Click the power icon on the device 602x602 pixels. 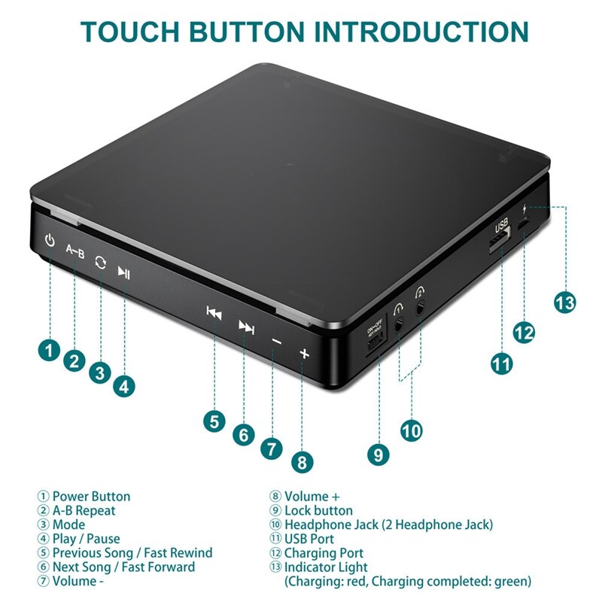pyautogui.click(x=50, y=242)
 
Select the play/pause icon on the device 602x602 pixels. pyautogui.click(x=124, y=272)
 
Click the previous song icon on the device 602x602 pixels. pyautogui.click(x=214, y=314)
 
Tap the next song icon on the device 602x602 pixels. pyautogui.click(x=246, y=326)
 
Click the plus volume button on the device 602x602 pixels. pyautogui.click(x=304, y=352)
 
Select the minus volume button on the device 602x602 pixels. pyautogui.click(x=276, y=341)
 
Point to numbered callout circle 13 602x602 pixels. pyautogui.click(x=564, y=303)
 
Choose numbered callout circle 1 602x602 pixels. pyautogui.click(x=50, y=350)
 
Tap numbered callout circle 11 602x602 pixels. pyautogui.click(x=501, y=363)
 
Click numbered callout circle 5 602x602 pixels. pyautogui.click(x=215, y=421)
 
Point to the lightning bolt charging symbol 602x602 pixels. pyautogui.click(x=524, y=208)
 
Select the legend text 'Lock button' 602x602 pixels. pyautogui.click(x=318, y=511)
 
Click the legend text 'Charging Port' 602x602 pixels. pyautogui.click(x=324, y=553)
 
